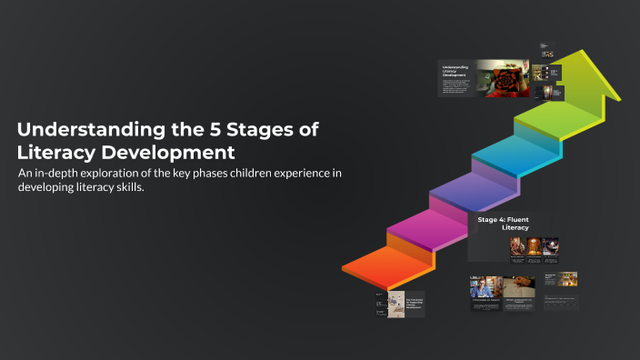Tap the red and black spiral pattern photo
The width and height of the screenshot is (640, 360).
[503, 77]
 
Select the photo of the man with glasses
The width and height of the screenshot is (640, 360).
[483, 287]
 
